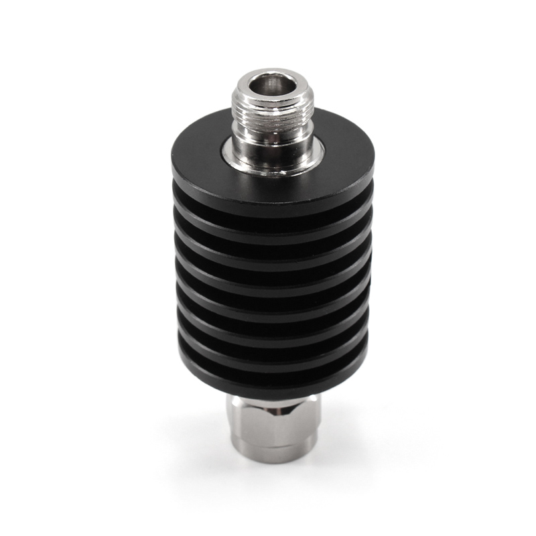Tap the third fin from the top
coord(268,245)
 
